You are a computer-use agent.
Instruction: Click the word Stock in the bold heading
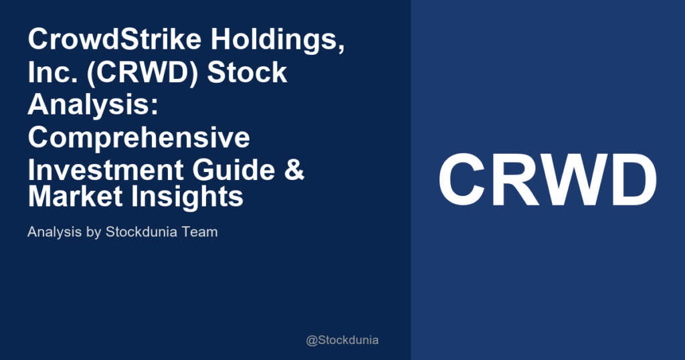coord(247,72)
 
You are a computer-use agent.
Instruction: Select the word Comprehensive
coord(139,137)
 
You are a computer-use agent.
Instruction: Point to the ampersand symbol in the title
coord(295,170)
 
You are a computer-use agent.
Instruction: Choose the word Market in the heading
coord(72,196)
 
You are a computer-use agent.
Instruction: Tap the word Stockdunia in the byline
coord(144,233)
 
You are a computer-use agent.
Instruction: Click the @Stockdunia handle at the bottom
coord(342,340)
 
